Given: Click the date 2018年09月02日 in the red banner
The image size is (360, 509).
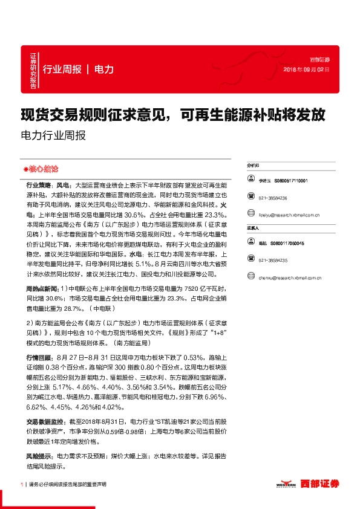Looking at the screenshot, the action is pos(307,70).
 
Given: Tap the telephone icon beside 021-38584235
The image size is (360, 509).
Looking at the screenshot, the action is pos(251,260).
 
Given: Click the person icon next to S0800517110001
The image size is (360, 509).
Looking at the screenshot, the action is pos(251,181).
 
